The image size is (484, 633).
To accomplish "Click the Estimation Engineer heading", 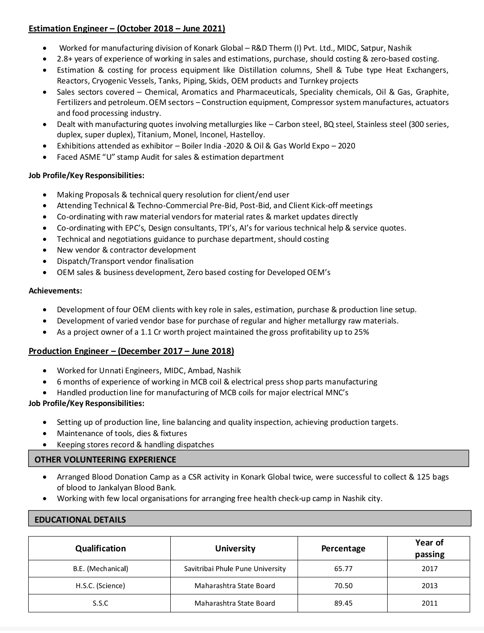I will coord(126,29).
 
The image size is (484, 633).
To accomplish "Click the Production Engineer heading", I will coord(131,351).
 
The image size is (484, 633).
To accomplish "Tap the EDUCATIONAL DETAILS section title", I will coord(80,519).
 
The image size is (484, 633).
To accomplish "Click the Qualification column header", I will coord(100,548).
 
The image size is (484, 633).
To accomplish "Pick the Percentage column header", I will coord(343,548).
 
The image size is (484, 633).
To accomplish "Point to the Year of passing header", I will coord(429,548).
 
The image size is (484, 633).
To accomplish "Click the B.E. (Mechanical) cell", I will coord(100,568).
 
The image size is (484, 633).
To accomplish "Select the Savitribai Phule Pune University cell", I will coord(235,568).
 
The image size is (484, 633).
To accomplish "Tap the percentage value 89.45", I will coord(343,603).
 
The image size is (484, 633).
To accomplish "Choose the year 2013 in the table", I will coord(429,586).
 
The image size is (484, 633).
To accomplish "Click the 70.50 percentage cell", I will coord(343,586).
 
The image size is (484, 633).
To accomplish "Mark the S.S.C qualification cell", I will coord(100,603).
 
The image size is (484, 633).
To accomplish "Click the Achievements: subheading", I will coord(56,291).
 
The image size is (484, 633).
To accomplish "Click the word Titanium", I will coord(153,135).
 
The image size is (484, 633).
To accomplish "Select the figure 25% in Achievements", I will coord(361,332).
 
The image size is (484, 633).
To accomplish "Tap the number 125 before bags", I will coord(423,477).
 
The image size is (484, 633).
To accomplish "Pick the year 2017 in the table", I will coord(429,568).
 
